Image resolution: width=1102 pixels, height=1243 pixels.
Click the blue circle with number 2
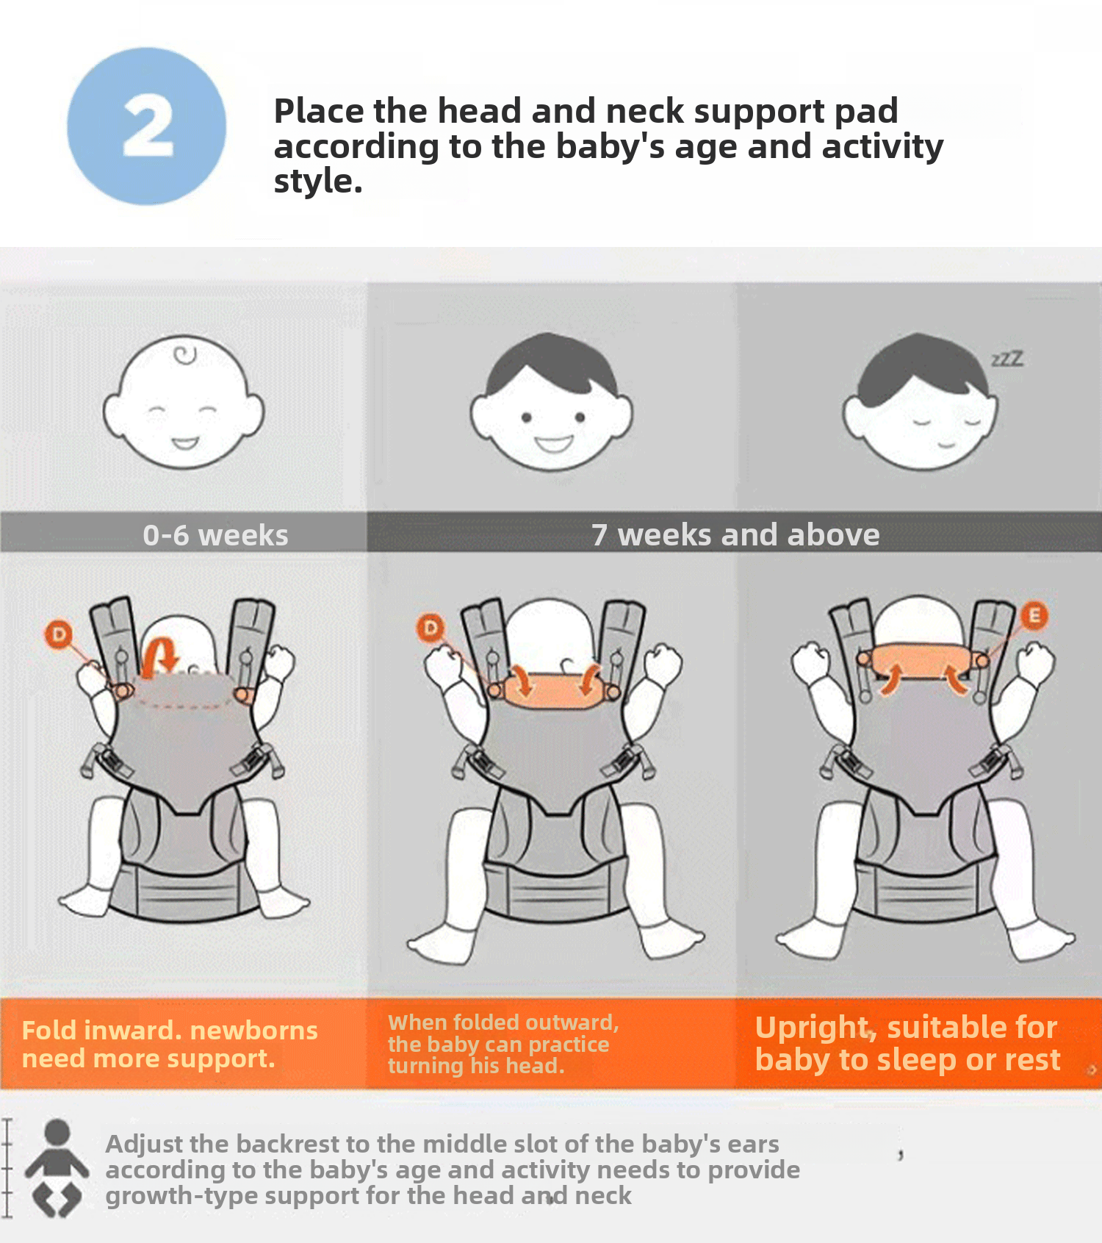tap(147, 126)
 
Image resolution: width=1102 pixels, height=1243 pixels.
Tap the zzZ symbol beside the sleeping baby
tap(1007, 359)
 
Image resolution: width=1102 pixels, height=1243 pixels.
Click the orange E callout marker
tap(1034, 615)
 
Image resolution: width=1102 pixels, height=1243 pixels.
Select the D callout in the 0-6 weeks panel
tap(59, 634)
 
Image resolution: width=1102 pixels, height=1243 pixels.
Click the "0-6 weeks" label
tap(215, 535)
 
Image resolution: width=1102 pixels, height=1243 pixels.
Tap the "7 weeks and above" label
tap(735, 534)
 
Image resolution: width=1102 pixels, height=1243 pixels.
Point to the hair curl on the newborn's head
tap(185, 355)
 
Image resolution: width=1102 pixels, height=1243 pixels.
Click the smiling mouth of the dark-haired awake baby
tap(553, 444)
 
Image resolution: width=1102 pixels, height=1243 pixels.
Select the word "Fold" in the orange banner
tap(48, 1030)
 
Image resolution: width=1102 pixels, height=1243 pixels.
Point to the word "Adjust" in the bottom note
tap(144, 1145)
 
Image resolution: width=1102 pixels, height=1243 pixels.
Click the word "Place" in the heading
tap(319, 111)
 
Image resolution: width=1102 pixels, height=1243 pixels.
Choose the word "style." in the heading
tap(318, 182)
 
